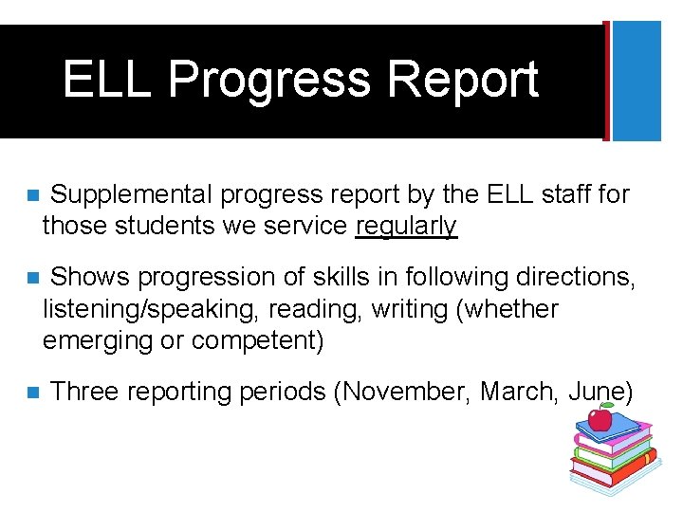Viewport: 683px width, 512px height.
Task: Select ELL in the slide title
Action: tap(106, 80)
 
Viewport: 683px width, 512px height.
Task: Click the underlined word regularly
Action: tap(406, 226)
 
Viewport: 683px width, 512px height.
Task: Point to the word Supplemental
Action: tap(132, 195)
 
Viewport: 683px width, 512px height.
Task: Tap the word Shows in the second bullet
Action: tap(89, 277)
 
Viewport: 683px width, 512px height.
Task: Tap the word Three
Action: tap(87, 392)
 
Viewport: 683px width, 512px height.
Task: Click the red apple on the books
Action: tap(600, 417)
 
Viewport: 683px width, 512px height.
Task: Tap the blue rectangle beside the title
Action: tap(637, 81)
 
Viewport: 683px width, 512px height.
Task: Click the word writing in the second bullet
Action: tap(410, 309)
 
